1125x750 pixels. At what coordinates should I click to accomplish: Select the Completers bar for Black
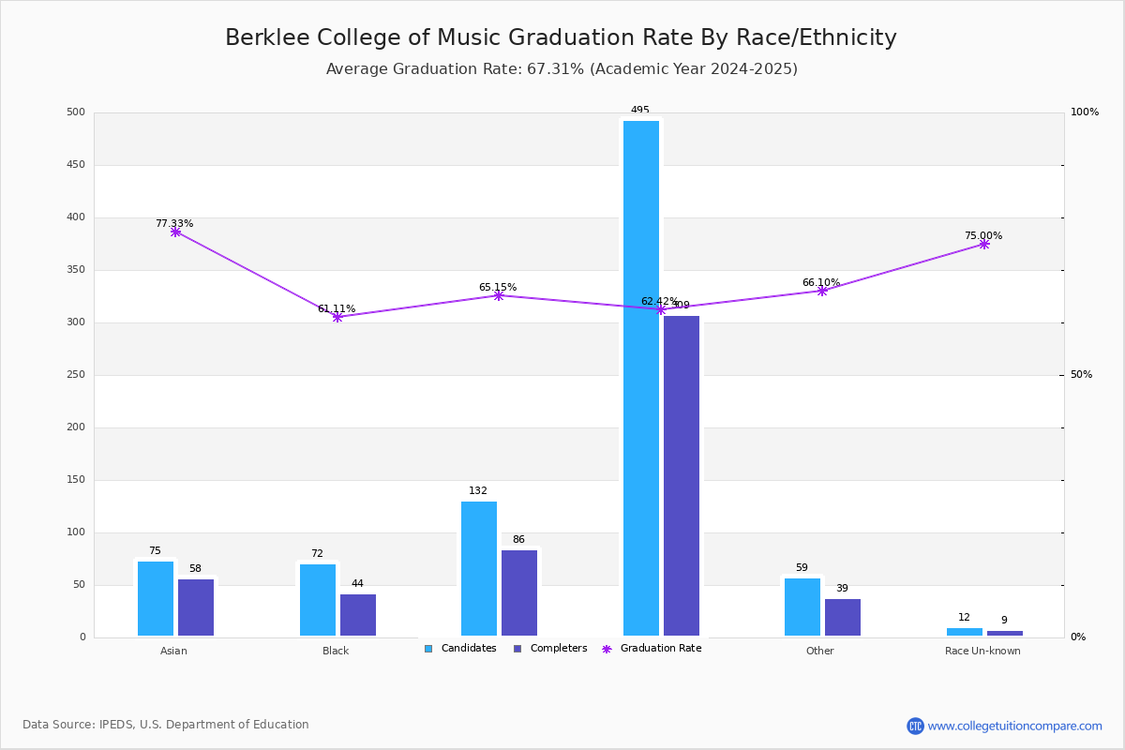[x=358, y=615]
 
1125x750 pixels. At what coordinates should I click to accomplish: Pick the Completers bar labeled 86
[x=519, y=592]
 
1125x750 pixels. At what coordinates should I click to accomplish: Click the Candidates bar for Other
[x=802, y=607]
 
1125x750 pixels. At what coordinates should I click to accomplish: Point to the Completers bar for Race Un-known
[x=1005, y=633]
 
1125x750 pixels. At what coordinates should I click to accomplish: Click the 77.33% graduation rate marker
[x=175, y=232]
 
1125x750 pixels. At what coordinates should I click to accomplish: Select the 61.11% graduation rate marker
[x=337, y=317]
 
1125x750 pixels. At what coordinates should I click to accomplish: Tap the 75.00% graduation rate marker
[x=984, y=244]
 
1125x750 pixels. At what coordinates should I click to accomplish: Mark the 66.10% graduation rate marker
[x=822, y=291]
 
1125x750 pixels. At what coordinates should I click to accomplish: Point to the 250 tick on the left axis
[x=76, y=375]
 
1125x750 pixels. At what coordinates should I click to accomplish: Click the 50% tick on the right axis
[x=1081, y=375]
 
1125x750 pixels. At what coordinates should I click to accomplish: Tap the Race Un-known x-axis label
[x=982, y=651]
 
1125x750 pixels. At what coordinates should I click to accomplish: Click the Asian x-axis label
[x=173, y=651]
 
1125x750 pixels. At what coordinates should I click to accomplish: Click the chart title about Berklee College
[x=561, y=38]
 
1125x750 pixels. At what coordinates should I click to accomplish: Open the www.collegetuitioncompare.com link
[x=1014, y=726]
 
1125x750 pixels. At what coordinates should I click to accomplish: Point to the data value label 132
[x=478, y=491]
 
